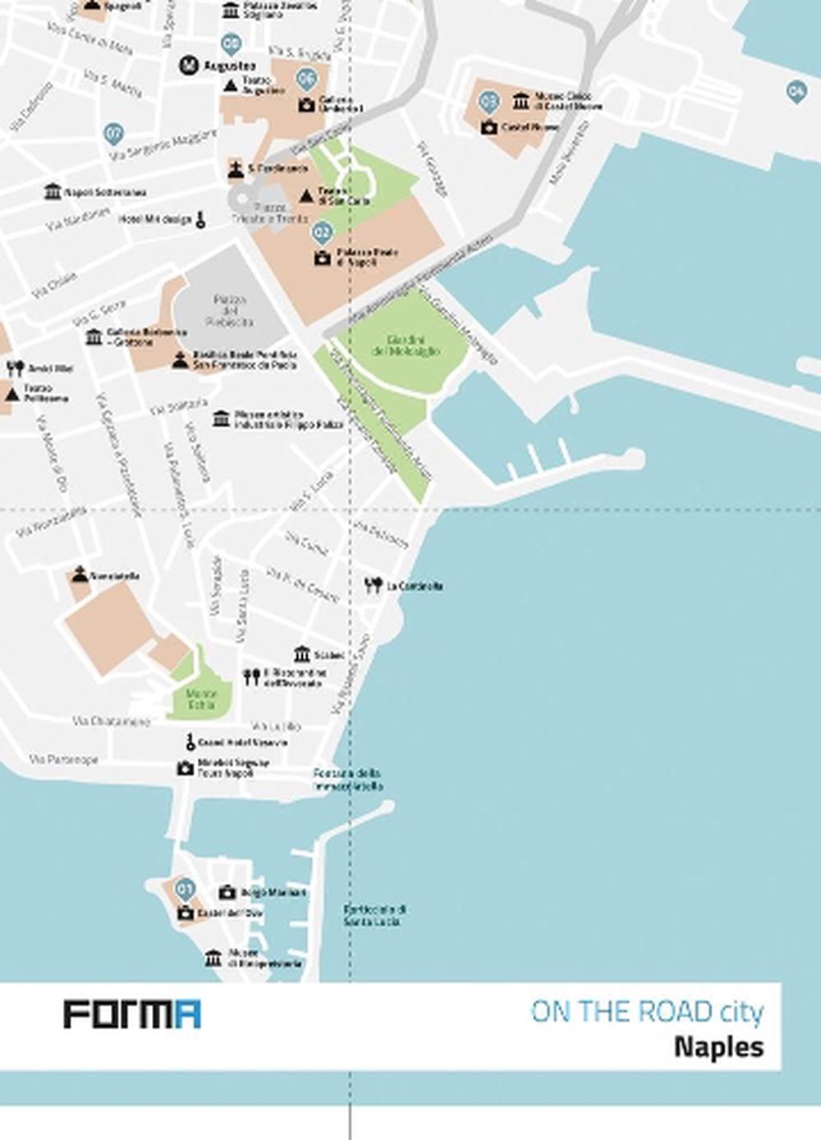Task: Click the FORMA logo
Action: tap(132, 1014)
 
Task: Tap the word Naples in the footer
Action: tap(718, 1047)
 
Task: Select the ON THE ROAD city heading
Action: tap(647, 1012)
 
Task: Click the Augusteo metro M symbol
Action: tap(189, 65)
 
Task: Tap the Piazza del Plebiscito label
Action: tap(229, 311)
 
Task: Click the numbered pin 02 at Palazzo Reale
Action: tap(323, 232)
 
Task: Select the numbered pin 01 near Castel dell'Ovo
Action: tap(186, 888)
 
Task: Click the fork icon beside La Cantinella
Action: tap(374, 585)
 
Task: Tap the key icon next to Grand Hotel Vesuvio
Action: tap(190, 743)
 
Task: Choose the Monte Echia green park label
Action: tap(201, 699)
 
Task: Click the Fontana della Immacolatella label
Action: tap(347, 780)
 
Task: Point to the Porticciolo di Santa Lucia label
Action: tap(375, 916)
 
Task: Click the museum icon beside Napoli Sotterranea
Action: tap(53, 192)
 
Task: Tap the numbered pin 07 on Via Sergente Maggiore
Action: tap(114, 133)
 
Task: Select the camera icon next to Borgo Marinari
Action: tap(227, 892)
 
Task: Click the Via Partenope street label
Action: tap(64, 760)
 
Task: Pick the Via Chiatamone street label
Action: tap(112, 721)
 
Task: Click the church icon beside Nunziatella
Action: tap(80, 575)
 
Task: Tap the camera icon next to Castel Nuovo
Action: tap(489, 127)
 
